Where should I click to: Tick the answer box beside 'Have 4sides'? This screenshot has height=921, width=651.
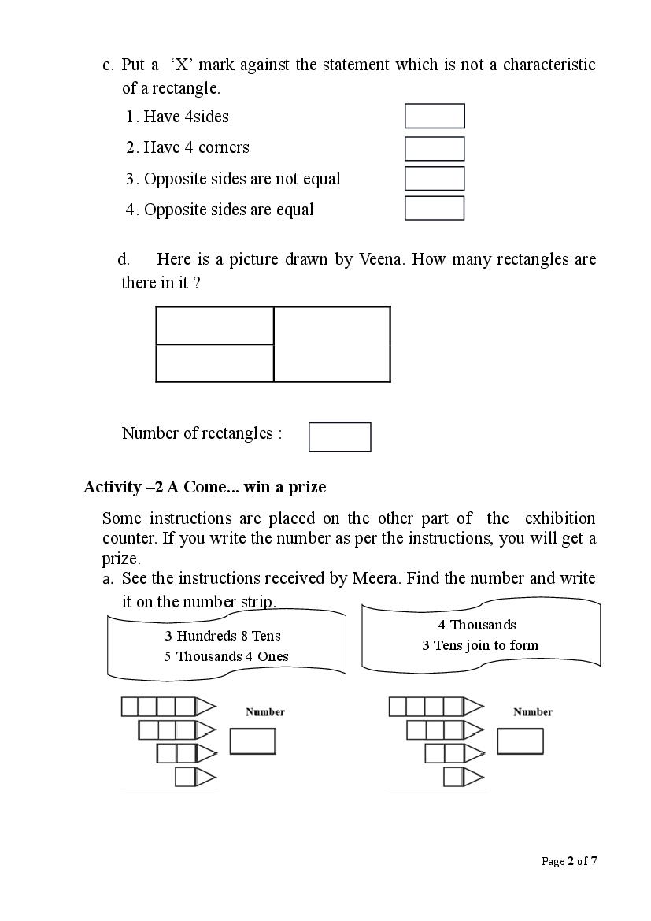[435, 116]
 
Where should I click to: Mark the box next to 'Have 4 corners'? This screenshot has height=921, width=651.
[435, 148]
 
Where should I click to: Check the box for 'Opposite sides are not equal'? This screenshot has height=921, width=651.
[435, 179]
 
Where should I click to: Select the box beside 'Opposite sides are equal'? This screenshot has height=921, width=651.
[435, 209]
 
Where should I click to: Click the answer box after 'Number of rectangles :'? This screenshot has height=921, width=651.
[339, 436]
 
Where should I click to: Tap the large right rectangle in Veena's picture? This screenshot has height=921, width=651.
[332, 344]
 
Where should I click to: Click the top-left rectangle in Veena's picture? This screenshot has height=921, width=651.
[215, 325]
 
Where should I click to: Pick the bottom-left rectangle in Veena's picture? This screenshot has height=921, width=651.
[215, 363]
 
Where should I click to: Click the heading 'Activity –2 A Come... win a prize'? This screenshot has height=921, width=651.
[205, 487]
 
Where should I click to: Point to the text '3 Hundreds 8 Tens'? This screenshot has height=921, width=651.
[223, 636]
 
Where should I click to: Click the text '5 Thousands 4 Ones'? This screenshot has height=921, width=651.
[226, 656]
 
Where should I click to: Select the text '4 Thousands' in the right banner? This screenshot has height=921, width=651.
[477, 625]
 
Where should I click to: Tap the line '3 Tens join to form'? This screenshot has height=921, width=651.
[480, 645]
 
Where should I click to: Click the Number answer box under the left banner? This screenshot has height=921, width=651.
[253, 741]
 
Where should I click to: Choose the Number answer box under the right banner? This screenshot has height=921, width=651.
[520, 741]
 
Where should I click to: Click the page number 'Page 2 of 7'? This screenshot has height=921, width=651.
[569, 861]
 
